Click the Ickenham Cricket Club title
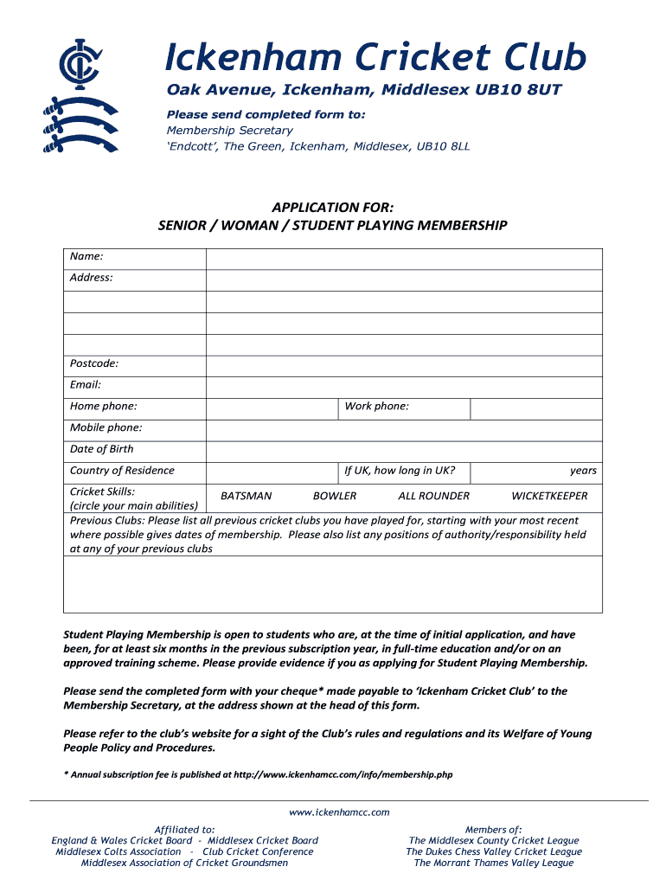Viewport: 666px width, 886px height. coord(375,58)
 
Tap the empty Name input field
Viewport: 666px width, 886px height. coord(403,259)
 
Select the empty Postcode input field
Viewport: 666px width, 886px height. coord(403,366)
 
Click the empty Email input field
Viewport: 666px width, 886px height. coord(403,387)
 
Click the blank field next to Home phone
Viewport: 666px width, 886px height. coord(271,408)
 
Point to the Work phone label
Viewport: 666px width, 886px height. coord(376,407)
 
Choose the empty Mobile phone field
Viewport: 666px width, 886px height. coord(403,430)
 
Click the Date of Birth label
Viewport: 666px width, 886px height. coord(102,449)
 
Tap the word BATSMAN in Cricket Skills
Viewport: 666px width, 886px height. coord(247,496)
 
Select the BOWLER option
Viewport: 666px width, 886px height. coord(335,496)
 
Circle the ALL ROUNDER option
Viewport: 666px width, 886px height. coord(433,496)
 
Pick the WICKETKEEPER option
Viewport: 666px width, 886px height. coord(549,496)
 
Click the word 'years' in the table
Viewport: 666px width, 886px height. coord(582,471)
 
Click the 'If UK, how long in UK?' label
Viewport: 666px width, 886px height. coord(400,471)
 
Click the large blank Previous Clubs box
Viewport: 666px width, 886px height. coord(333,584)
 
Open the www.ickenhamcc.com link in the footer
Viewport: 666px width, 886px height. coord(339,812)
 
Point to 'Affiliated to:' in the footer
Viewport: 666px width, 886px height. coord(184,829)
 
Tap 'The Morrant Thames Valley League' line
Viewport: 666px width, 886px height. coord(493,863)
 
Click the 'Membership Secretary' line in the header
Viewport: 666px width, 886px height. coord(229,131)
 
